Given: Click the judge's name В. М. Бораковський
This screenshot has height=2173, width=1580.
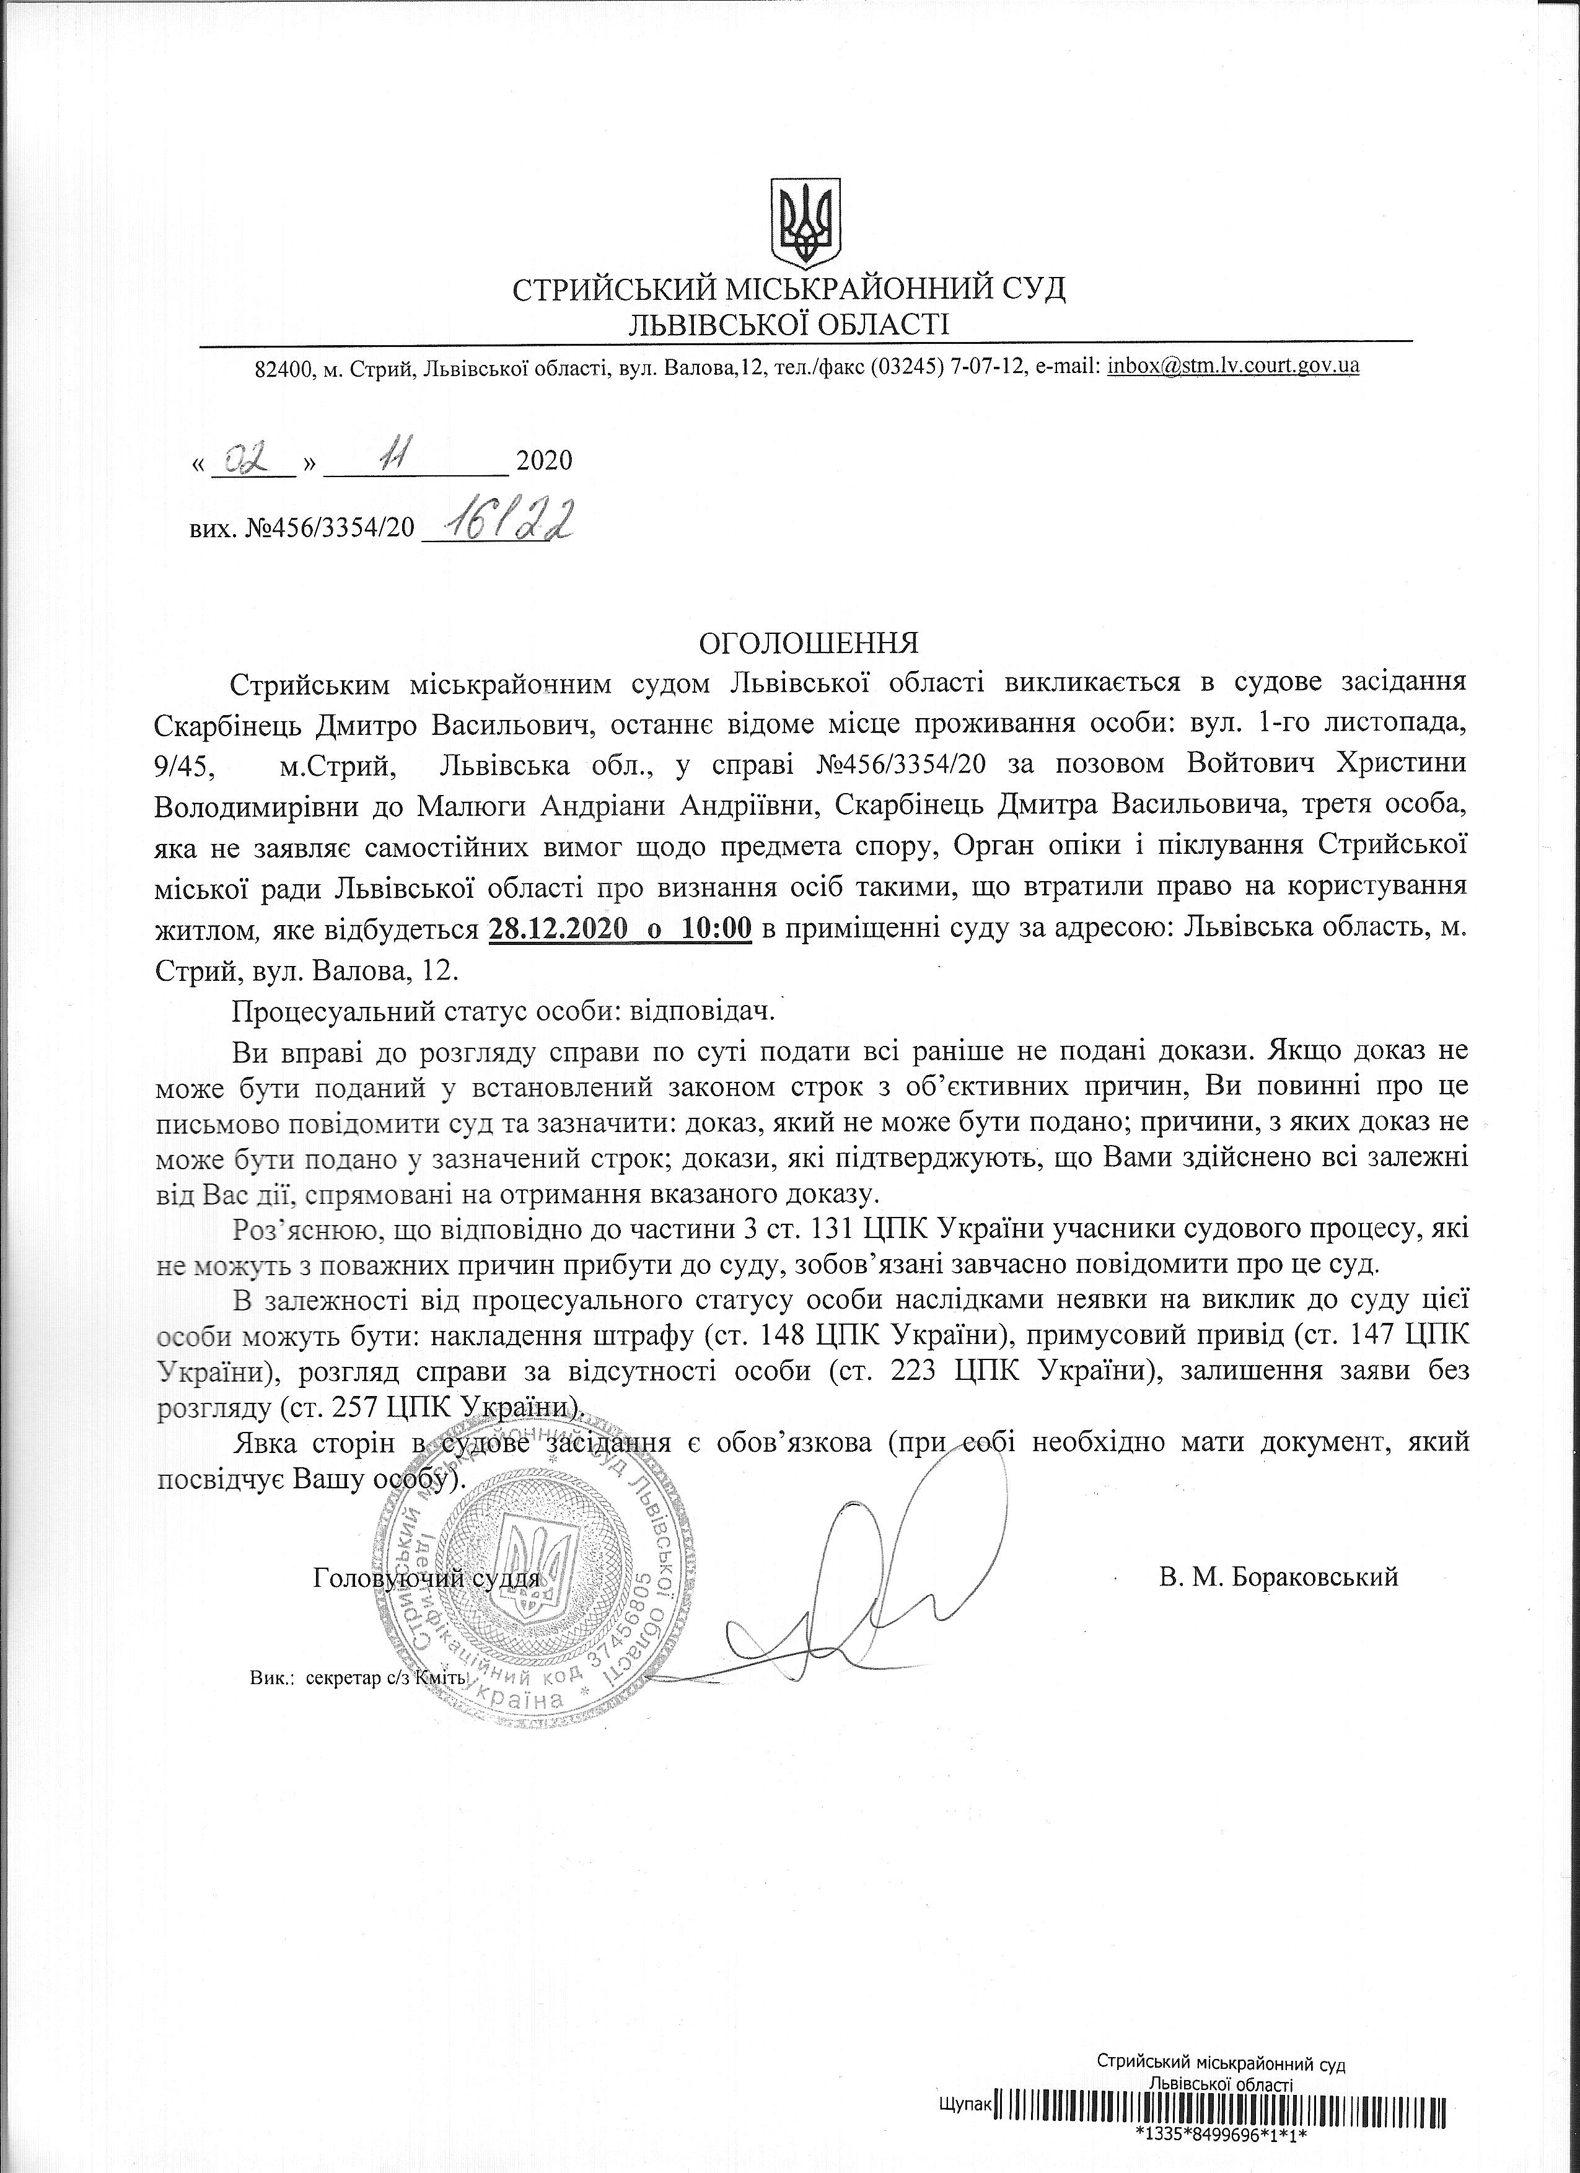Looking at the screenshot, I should coord(1277,1576).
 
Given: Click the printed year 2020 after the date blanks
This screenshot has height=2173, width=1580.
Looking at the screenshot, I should coord(544,462).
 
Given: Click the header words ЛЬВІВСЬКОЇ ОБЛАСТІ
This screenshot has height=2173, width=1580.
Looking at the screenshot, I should coord(789,325).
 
